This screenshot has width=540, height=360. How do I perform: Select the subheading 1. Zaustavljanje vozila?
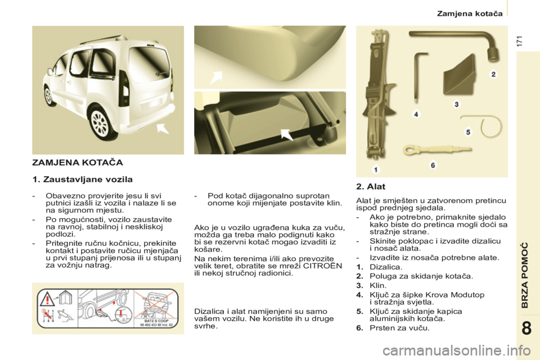tap(82, 180)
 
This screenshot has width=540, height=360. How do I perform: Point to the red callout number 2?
tap(493, 74)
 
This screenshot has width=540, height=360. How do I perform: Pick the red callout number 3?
tap(457, 104)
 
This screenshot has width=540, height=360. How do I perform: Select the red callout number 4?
tap(416, 114)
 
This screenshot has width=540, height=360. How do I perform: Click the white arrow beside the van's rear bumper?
tap(163, 130)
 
